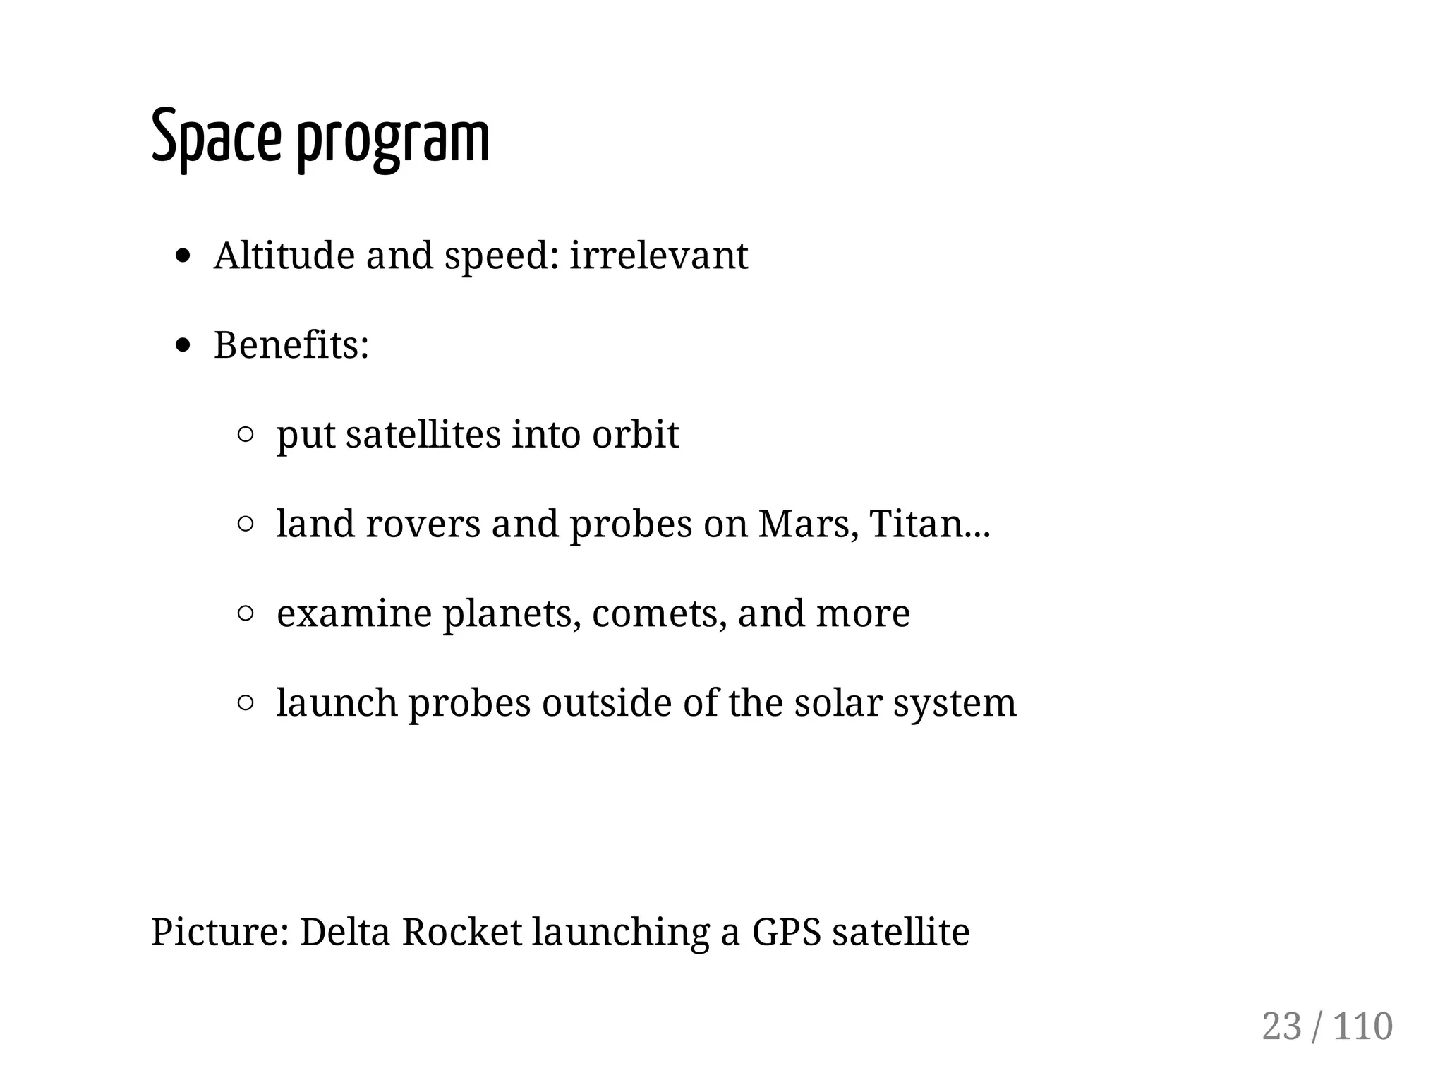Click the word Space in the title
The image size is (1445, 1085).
click(215, 136)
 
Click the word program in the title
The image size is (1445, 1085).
click(392, 140)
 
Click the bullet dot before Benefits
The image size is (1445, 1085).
click(183, 345)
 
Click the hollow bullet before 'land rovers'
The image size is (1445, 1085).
click(246, 524)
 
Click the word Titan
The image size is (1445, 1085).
click(916, 524)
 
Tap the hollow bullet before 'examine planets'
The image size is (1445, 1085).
click(246, 613)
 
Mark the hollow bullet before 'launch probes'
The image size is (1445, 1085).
click(246, 703)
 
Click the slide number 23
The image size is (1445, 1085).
click(1281, 1026)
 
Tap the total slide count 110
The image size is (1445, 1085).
click(1363, 1026)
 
